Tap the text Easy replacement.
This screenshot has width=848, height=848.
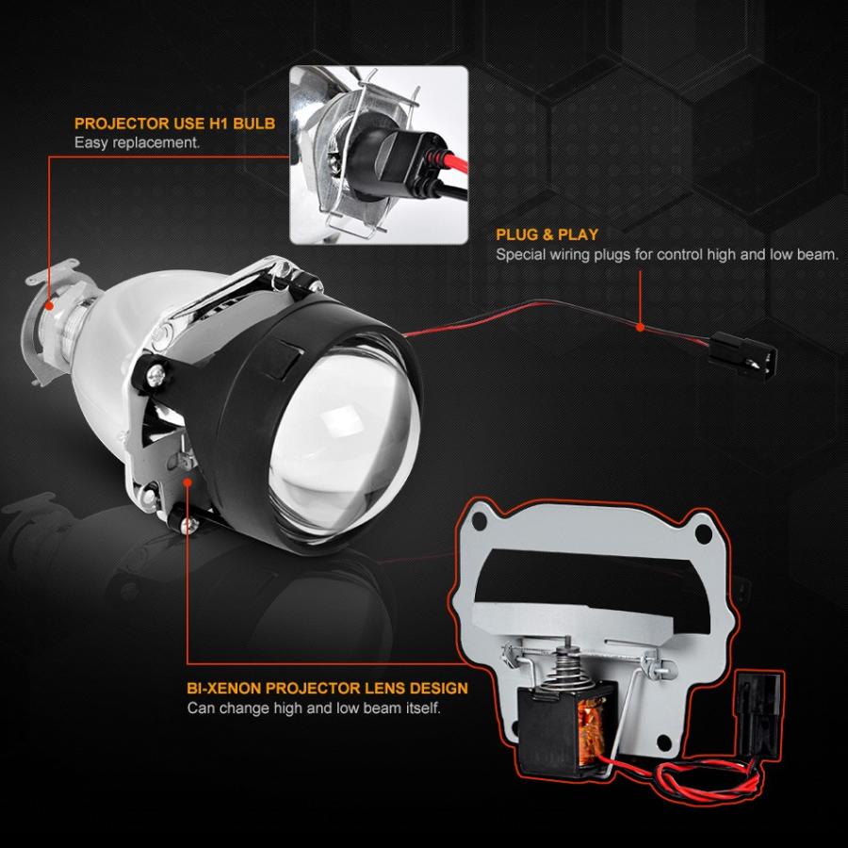(x=137, y=143)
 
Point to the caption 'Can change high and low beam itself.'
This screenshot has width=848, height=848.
(x=313, y=708)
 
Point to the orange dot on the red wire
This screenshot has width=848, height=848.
(x=640, y=328)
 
